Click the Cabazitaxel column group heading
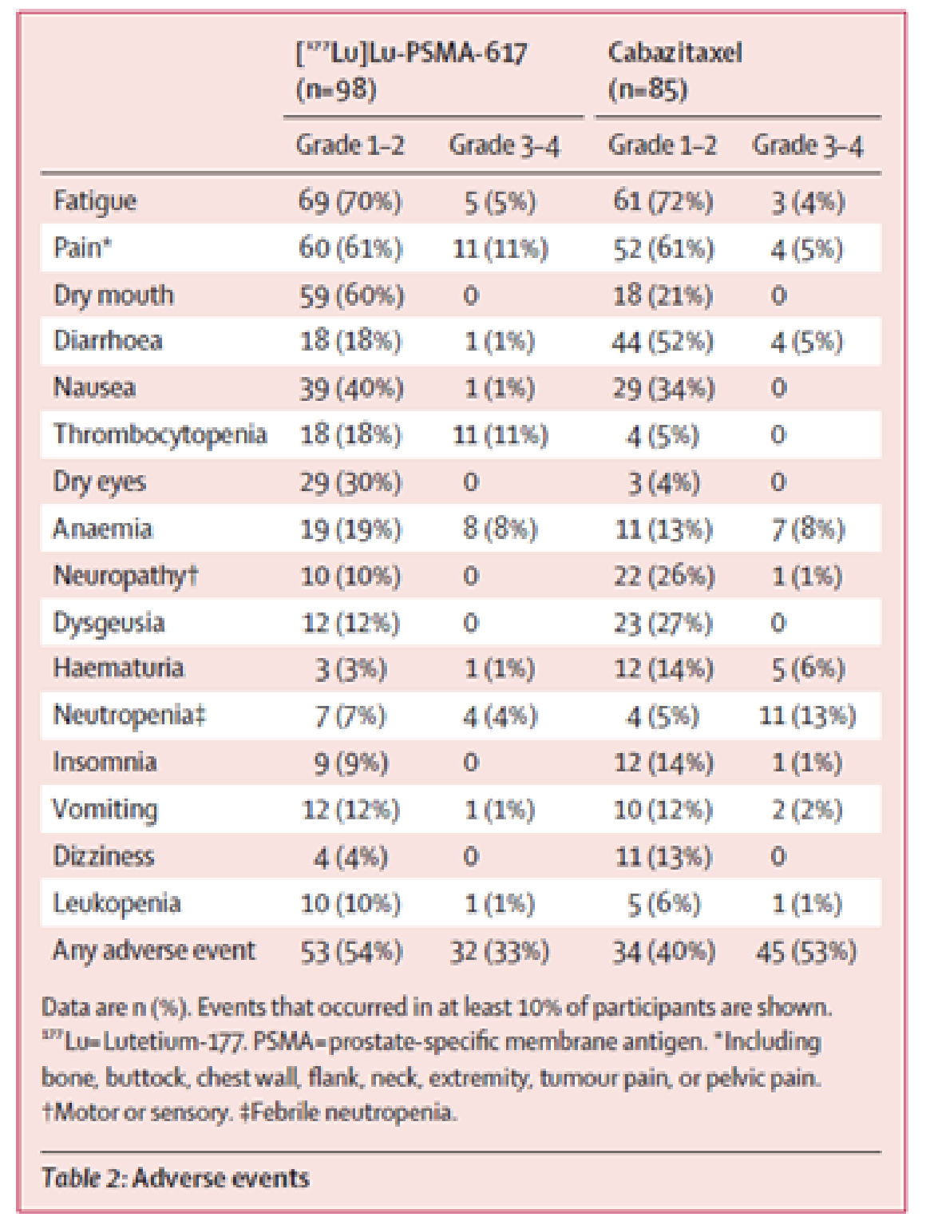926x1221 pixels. point(675,54)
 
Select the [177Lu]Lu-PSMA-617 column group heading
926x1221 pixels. point(411,54)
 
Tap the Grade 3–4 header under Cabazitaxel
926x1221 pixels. point(807,146)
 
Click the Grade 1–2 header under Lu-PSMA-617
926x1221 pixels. point(350,146)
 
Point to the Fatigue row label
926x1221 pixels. point(95,201)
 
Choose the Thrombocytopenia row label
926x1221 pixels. point(160,434)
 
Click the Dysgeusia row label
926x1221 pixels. point(109,622)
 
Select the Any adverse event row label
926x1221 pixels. point(154,950)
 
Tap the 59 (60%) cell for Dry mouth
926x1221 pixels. point(350,295)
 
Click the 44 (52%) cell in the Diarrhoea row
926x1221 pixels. point(662,342)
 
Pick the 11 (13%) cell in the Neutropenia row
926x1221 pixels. point(806,716)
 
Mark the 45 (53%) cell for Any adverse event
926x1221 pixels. point(805,951)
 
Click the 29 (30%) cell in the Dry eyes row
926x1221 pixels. point(350,482)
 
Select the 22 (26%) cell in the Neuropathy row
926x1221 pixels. point(663,576)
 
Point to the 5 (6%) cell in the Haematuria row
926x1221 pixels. point(806,669)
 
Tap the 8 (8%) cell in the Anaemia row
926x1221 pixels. point(500,529)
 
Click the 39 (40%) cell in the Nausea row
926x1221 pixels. point(350,389)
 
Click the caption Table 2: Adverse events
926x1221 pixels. point(175,1178)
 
